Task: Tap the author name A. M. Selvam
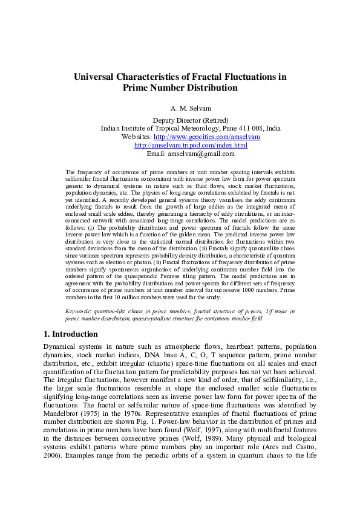point(180,108)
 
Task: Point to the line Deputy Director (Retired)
point(180,120)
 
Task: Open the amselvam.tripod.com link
point(191,146)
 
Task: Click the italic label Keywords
point(81,310)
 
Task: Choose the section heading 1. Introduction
point(71,334)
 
